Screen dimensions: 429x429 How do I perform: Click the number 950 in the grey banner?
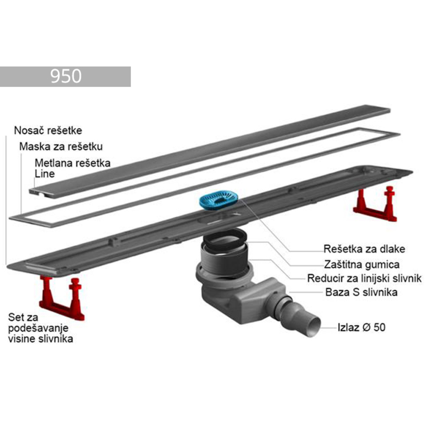(66, 77)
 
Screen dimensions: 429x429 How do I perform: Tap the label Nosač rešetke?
(48, 130)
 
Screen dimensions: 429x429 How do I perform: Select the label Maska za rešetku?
(61, 147)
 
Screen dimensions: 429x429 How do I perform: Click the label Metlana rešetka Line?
(72, 168)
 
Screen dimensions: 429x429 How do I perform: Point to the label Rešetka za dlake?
(364, 249)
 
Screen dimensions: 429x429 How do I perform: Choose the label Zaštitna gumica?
(361, 265)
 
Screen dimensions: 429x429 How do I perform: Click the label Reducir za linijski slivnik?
(364, 278)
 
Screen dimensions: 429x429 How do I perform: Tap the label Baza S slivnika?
(361, 292)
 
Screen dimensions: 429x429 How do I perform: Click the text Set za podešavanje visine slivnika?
(40, 328)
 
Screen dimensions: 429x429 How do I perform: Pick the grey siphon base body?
(243, 290)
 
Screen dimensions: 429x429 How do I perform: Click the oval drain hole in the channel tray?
(219, 219)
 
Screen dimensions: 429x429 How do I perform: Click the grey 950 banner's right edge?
(131, 77)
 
